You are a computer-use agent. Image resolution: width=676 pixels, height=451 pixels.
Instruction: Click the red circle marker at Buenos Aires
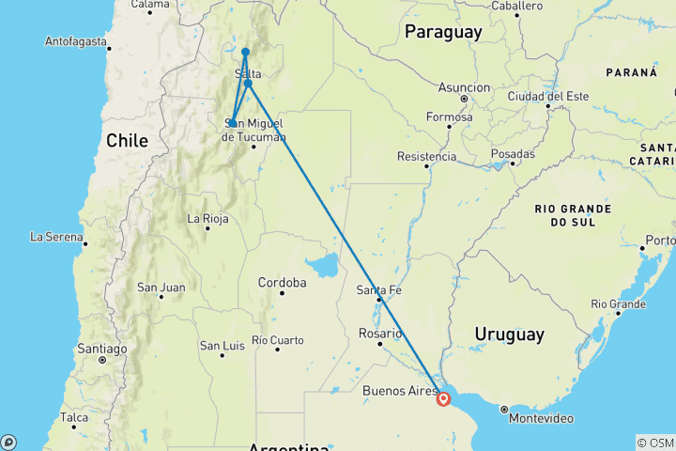444,398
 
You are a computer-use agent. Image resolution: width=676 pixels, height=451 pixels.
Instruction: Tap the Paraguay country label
443,32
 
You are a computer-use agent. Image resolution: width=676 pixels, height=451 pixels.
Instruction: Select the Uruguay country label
509,334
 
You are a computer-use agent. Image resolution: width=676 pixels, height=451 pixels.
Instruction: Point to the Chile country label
127,141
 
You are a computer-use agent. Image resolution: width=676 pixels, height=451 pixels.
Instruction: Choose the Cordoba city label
283,283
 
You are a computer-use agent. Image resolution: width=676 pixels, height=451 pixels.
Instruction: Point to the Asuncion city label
463,87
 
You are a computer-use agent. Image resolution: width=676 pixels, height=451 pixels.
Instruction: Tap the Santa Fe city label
379,290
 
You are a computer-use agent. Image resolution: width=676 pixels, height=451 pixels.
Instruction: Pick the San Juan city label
161,287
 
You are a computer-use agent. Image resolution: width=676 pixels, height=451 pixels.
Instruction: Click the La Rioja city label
208,219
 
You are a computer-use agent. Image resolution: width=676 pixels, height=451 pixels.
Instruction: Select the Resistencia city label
426,156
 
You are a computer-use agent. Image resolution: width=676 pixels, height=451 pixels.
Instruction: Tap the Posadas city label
513,153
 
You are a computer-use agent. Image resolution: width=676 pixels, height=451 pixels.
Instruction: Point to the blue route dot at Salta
248,83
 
